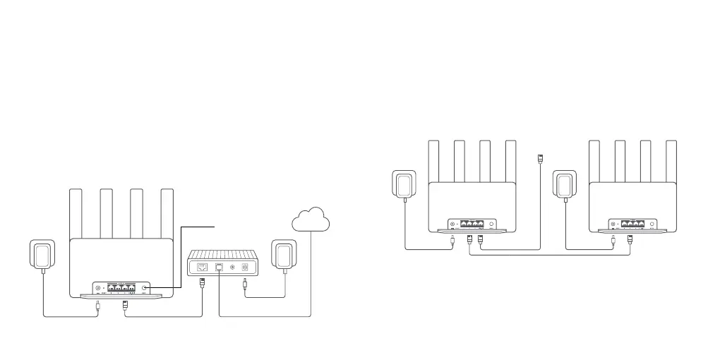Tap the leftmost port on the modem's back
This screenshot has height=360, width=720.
click(x=203, y=268)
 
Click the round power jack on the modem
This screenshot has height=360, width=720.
click(x=245, y=268)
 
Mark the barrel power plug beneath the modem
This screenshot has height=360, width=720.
click(x=244, y=286)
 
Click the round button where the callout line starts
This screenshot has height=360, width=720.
click(x=145, y=289)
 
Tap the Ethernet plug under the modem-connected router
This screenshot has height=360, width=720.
click(x=125, y=306)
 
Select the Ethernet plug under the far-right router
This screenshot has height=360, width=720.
click(x=630, y=241)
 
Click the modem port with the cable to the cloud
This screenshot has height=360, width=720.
click(x=220, y=268)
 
